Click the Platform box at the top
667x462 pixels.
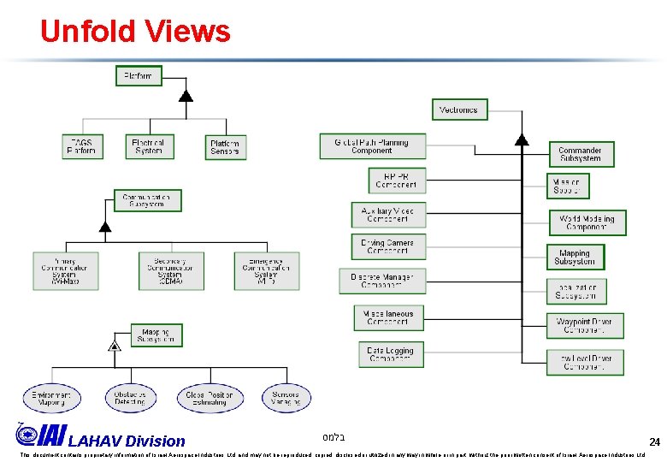(x=139, y=76)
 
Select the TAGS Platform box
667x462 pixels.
(x=82, y=146)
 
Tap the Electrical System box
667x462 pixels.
(x=149, y=146)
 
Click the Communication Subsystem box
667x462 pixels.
(x=147, y=200)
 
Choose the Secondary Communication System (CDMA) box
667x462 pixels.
(x=172, y=270)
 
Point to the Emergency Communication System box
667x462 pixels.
(x=267, y=270)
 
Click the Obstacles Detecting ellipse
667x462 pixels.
(x=131, y=398)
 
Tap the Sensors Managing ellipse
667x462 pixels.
(x=286, y=398)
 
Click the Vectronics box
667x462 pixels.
(x=459, y=110)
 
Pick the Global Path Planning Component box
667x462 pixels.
(x=371, y=146)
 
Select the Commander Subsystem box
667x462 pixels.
(x=581, y=154)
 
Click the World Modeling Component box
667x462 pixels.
(x=587, y=222)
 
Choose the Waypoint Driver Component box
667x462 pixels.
(x=585, y=326)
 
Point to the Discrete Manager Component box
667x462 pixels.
(x=388, y=281)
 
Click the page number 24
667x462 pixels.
(x=654, y=442)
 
